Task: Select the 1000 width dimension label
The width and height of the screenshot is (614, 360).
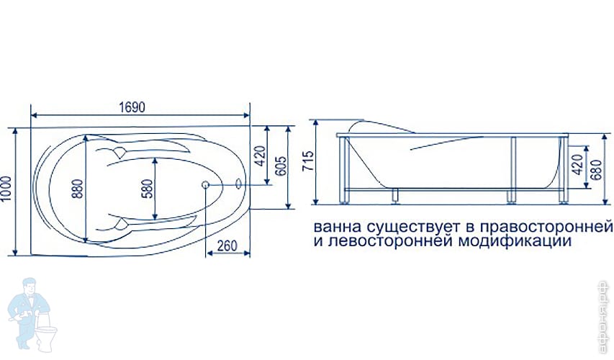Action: click(x=8, y=191)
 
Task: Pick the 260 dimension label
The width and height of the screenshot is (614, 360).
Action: click(x=227, y=246)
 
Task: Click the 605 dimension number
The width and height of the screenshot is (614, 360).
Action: click(x=281, y=167)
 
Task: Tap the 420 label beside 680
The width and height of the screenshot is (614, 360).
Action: click(x=576, y=166)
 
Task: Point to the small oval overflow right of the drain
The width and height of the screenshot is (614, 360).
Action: click(x=238, y=184)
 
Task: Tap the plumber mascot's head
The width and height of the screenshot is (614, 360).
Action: click(x=30, y=287)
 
